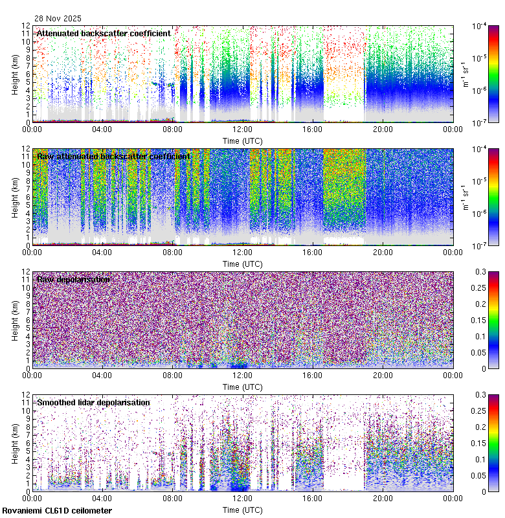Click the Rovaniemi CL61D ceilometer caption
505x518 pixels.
[57, 511]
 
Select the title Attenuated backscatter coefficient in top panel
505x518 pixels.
[104, 33]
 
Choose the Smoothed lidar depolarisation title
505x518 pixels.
[93, 402]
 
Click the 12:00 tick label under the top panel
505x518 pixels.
[242, 129]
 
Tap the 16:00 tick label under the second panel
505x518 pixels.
[313, 252]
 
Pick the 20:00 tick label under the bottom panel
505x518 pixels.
[383, 498]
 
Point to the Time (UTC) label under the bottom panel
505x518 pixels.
[242, 510]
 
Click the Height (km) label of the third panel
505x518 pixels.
[16, 320]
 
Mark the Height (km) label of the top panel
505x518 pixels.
[16, 74]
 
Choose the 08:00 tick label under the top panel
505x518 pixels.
[172, 129]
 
